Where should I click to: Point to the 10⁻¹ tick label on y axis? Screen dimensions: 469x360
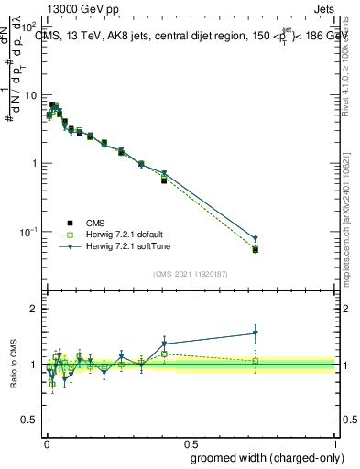(28, 232)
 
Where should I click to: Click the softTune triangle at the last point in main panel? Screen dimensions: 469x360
(256, 239)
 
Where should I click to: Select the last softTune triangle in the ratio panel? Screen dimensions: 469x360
(256, 333)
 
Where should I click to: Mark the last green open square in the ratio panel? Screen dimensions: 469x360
(256, 361)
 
